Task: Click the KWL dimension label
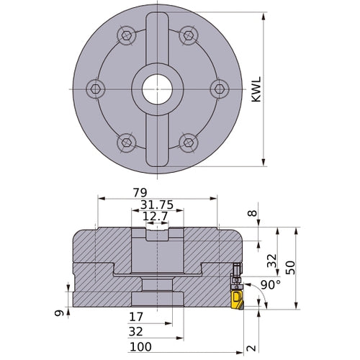point(256,89)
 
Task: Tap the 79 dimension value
point(140,192)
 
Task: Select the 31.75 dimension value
point(157,204)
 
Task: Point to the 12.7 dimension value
point(156,217)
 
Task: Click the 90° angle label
point(271,285)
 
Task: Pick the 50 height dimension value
point(290,268)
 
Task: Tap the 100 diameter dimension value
point(140,347)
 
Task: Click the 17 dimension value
point(136,317)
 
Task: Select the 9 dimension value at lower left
point(59,313)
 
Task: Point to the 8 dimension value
point(253,213)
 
